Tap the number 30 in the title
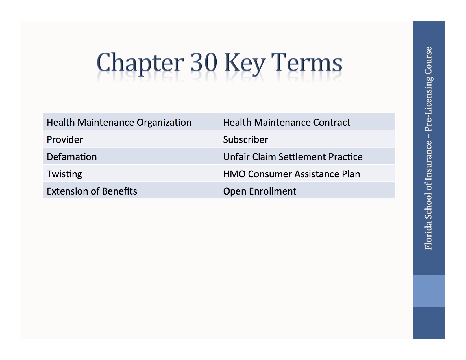click(x=203, y=62)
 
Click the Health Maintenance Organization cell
click(x=119, y=122)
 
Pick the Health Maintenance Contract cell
click(x=286, y=122)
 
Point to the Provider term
click(x=65, y=139)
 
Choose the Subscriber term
click(x=245, y=139)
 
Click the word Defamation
click(x=72, y=157)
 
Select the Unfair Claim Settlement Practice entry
click(x=293, y=157)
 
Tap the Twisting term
click(x=64, y=174)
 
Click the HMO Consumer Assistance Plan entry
click(x=291, y=174)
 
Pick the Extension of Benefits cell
click(x=92, y=191)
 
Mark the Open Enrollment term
click(x=260, y=191)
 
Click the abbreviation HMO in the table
click(x=234, y=174)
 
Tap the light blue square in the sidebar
click(x=429, y=291)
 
